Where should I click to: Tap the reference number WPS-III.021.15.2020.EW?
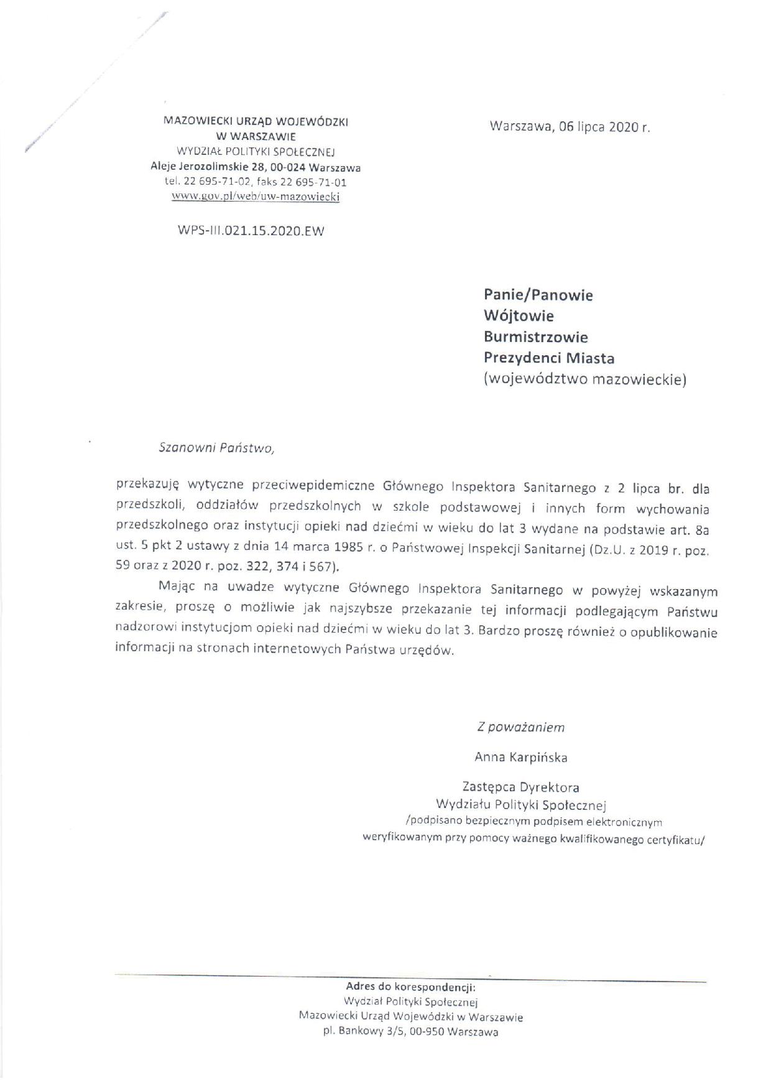pos(251,230)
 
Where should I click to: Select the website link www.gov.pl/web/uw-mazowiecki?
pos(256,197)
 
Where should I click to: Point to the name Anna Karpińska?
pos(520,757)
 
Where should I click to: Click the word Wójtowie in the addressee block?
pos(519,315)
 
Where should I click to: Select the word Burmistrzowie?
pos(535,337)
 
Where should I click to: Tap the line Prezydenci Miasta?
pos(549,358)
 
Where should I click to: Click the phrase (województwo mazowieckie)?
pos(584,379)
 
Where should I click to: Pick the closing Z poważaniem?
pos(520,727)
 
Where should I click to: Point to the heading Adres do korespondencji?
pos(410,987)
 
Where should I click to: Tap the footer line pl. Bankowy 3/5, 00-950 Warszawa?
pos(410,1032)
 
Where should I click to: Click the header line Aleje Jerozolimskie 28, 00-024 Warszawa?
pos(256,167)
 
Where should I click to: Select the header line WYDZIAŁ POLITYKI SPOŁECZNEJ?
pos(256,151)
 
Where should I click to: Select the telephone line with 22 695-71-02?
pos(256,182)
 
